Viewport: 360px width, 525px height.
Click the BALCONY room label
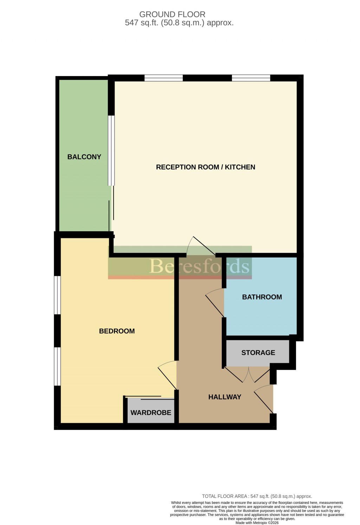click(x=84, y=157)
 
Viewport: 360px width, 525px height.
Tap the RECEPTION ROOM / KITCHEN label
click(x=205, y=167)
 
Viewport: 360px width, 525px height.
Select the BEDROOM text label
click(x=117, y=331)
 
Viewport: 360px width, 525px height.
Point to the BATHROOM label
click(x=262, y=297)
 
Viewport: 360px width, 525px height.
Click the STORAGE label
click(x=258, y=353)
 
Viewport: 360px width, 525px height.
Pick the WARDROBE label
click(x=151, y=412)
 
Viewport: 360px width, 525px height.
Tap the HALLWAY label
click(x=225, y=397)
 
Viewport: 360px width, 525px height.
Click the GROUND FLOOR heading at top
click(x=172, y=14)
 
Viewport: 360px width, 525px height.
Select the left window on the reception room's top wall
click(x=163, y=78)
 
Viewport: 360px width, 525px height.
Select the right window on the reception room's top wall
click(x=251, y=78)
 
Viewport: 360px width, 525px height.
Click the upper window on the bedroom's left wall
click(x=57, y=295)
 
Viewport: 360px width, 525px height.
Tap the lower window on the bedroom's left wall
click(x=57, y=366)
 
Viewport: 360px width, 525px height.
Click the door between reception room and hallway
click(x=201, y=247)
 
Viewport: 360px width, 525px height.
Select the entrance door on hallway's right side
click(x=264, y=398)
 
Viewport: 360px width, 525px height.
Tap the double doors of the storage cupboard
click(x=248, y=374)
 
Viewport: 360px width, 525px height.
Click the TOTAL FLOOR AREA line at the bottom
click(x=257, y=496)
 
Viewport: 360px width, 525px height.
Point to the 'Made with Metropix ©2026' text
click(x=257, y=523)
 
